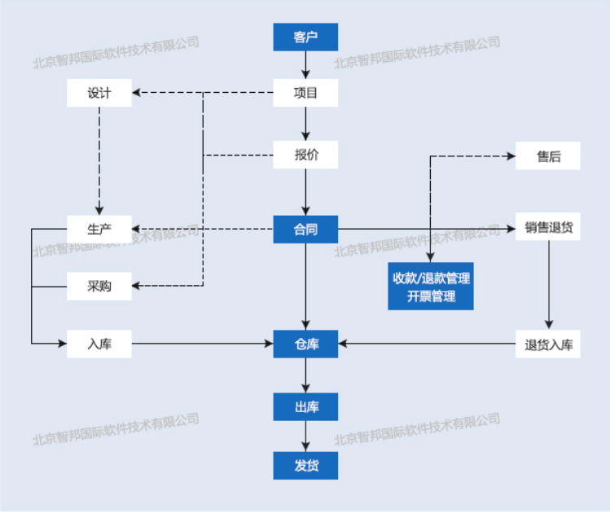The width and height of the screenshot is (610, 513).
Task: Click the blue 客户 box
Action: pyautogui.click(x=305, y=37)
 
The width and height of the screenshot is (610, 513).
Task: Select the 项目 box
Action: pyautogui.click(x=305, y=93)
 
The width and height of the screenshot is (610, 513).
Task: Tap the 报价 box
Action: pyautogui.click(x=305, y=155)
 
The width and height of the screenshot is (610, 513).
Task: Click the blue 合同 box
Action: pyautogui.click(x=305, y=230)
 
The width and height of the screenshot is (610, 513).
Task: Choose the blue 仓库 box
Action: pyautogui.click(x=305, y=344)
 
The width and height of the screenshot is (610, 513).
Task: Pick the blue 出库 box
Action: pyautogui.click(x=305, y=406)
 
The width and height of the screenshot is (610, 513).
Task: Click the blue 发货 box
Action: pyautogui.click(x=305, y=467)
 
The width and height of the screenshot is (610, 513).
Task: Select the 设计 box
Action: pyautogui.click(x=99, y=93)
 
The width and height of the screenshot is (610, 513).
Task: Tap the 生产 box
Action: pyautogui.click(x=99, y=229)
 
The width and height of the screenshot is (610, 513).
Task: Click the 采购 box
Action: pyautogui.click(x=99, y=286)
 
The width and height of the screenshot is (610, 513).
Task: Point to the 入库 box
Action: pyautogui.click(x=99, y=344)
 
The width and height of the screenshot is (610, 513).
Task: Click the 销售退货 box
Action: pyautogui.click(x=548, y=228)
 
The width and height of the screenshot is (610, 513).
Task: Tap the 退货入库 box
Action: pyautogui.click(x=548, y=344)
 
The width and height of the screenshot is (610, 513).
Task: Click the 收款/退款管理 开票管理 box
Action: pyautogui.click(x=431, y=287)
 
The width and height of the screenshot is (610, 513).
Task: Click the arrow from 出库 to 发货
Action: pyautogui.click(x=305, y=436)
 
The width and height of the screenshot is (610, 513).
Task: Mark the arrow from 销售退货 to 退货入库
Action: pyautogui.click(x=548, y=285)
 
